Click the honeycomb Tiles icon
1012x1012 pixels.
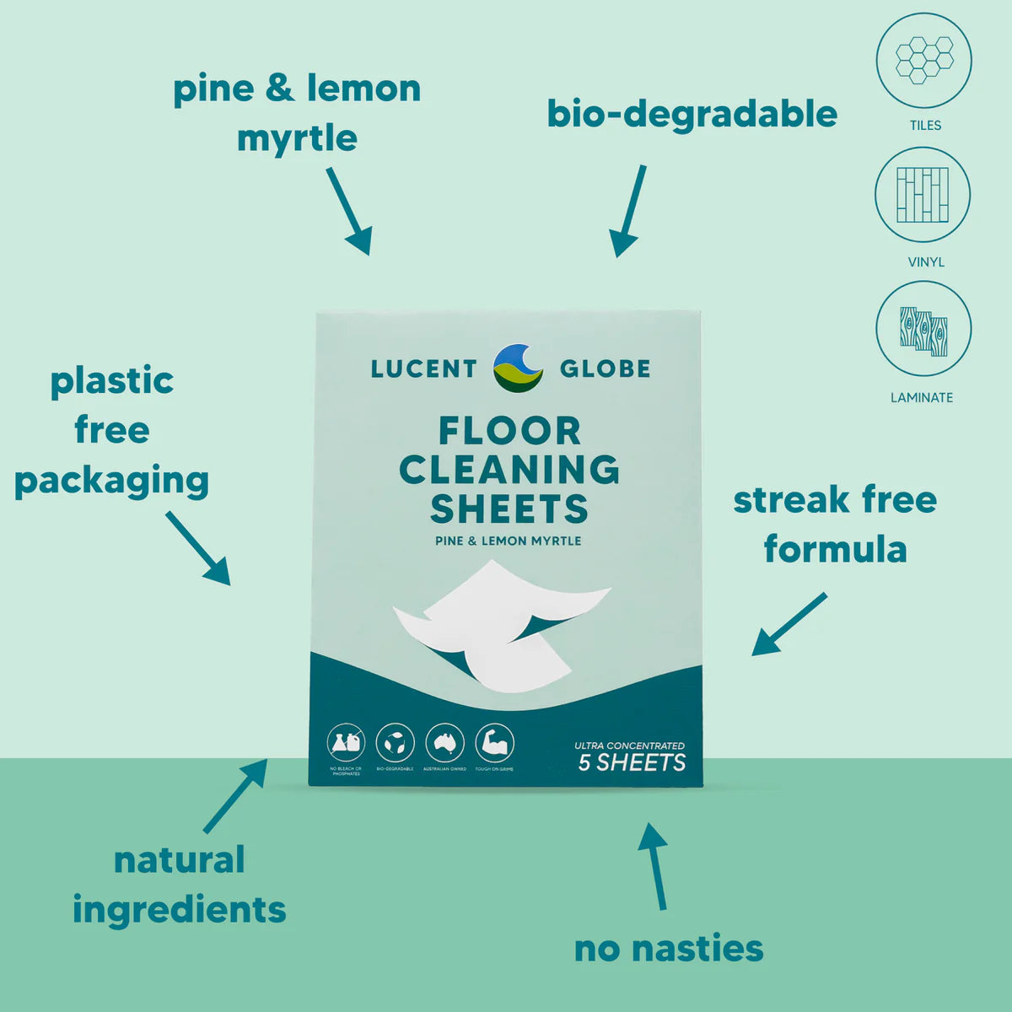click(924, 60)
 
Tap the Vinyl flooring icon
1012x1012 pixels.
click(923, 195)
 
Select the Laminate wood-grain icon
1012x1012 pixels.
click(923, 329)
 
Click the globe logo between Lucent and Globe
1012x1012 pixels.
click(518, 368)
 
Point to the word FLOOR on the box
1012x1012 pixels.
click(509, 431)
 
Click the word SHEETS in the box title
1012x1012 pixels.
click(509, 509)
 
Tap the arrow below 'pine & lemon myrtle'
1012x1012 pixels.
click(349, 211)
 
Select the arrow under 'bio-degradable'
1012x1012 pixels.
click(629, 211)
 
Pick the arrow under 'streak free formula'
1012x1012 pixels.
click(789, 625)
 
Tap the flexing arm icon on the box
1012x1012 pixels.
click(494, 743)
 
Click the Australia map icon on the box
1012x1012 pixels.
click(444, 743)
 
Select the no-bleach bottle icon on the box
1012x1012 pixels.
click(346, 743)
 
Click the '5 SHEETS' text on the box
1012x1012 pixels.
click(632, 762)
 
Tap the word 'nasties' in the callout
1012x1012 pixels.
click(698, 949)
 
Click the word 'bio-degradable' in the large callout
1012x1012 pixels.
click(692, 114)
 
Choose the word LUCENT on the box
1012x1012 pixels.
click(423, 369)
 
